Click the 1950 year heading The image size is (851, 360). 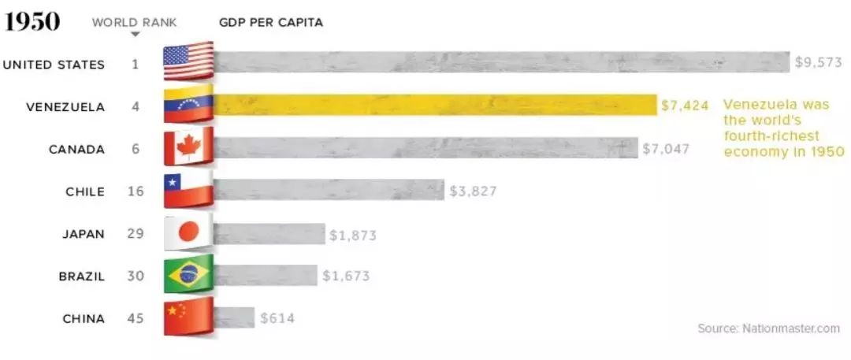(x=32, y=22)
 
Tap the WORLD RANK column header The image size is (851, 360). (x=135, y=22)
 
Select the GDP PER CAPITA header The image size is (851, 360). (x=270, y=22)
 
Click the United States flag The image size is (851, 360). (x=188, y=62)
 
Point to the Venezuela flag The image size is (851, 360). (x=188, y=106)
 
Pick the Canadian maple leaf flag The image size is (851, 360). (x=188, y=148)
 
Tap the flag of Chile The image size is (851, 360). (x=188, y=191)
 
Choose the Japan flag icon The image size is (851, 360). (x=188, y=234)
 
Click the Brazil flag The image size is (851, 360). (x=188, y=276)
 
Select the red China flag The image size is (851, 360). (x=188, y=318)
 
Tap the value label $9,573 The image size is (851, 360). (x=818, y=63)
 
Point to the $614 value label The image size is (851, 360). (x=278, y=318)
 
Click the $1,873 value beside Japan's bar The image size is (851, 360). (x=353, y=235)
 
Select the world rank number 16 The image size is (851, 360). (x=136, y=191)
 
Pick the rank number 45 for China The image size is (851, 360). (x=136, y=318)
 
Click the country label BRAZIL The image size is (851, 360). (x=82, y=276)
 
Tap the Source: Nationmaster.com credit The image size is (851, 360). (x=768, y=328)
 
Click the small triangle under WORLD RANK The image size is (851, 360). (x=136, y=35)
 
